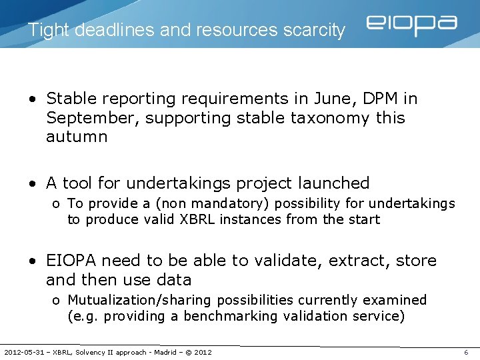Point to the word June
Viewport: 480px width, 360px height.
click(x=328, y=99)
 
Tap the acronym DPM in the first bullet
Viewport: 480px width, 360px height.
click(x=381, y=99)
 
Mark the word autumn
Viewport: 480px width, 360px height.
click(x=77, y=137)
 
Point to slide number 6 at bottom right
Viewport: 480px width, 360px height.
click(x=466, y=352)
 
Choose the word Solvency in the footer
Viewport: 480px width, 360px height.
click(x=91, y=352)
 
